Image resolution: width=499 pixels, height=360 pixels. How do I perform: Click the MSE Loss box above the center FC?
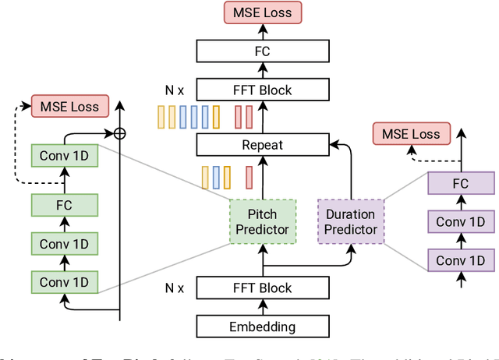coord(262,12)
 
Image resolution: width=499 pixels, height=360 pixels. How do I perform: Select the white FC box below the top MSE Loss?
coord(262,51)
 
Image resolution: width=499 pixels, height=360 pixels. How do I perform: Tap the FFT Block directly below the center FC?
coord(262,90)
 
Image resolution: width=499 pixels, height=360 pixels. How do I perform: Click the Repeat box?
coord(262,144)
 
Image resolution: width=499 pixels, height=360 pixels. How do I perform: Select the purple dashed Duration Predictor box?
coord(350,221)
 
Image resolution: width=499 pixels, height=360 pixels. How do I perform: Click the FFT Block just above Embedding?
coord(262,288)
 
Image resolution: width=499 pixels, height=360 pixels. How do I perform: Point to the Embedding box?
coord(262,326)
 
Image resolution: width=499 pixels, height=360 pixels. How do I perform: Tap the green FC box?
coord(65,205)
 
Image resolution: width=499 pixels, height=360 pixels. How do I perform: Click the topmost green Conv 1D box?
coord(65,154)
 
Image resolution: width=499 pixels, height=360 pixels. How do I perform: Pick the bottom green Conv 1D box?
coord(65,281)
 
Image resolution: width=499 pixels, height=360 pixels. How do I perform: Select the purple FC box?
coord(461,185)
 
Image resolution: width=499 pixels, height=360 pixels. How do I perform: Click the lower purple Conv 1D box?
coord(461,259)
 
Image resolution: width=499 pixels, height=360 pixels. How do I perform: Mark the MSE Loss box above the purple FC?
coord(411,134)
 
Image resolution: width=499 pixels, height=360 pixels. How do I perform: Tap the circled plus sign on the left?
coord(119,133)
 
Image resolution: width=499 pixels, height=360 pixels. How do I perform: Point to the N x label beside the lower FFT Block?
coord(175,288)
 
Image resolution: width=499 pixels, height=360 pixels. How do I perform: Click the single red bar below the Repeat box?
coord(250,177)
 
